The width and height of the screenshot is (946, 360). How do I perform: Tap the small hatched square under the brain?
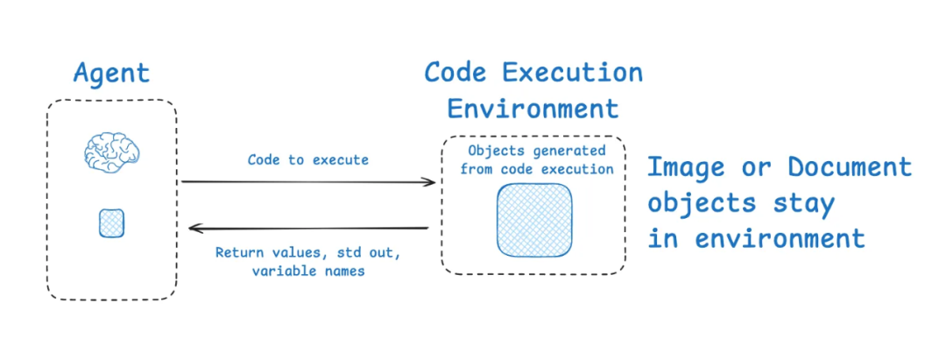(x=111, y=223)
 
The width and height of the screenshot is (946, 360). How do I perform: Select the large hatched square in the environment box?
(x=534, y=221)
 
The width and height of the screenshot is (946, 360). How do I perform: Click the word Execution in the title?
(x=574, y=73)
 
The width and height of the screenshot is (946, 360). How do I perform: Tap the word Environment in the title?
(x=533, y=109)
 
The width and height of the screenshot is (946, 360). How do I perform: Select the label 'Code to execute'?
(x=307, y=160)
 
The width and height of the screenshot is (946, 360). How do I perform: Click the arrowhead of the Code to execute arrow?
(x=429, y=182)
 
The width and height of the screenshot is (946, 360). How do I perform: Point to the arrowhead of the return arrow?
(x=195, y=228)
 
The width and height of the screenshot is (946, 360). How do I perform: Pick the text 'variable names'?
(x=308, y=272)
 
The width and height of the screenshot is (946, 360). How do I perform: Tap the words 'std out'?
(x=362, y=252)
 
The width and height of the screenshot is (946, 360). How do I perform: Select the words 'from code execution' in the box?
(x=537, y=169)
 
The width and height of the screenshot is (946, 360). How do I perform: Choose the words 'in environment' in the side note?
(x=757, y=239)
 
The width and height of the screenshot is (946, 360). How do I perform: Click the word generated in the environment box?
(x=575, y=150)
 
